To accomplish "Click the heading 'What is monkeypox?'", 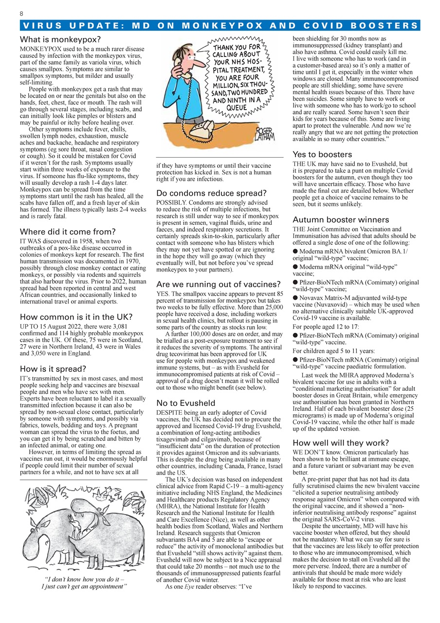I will click(x=60, y=40).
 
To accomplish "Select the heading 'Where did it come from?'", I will click(x=68, y=232).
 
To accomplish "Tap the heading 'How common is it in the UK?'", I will click(x=76, y=317).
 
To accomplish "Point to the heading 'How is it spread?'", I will click(x=53, y=368).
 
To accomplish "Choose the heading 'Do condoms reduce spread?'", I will click(x=211, y=193).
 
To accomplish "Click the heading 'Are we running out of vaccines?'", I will click(x=219, y=284).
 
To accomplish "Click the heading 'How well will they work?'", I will click(x=341, y=443).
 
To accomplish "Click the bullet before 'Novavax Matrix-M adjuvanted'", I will click(x=295, y=297).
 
